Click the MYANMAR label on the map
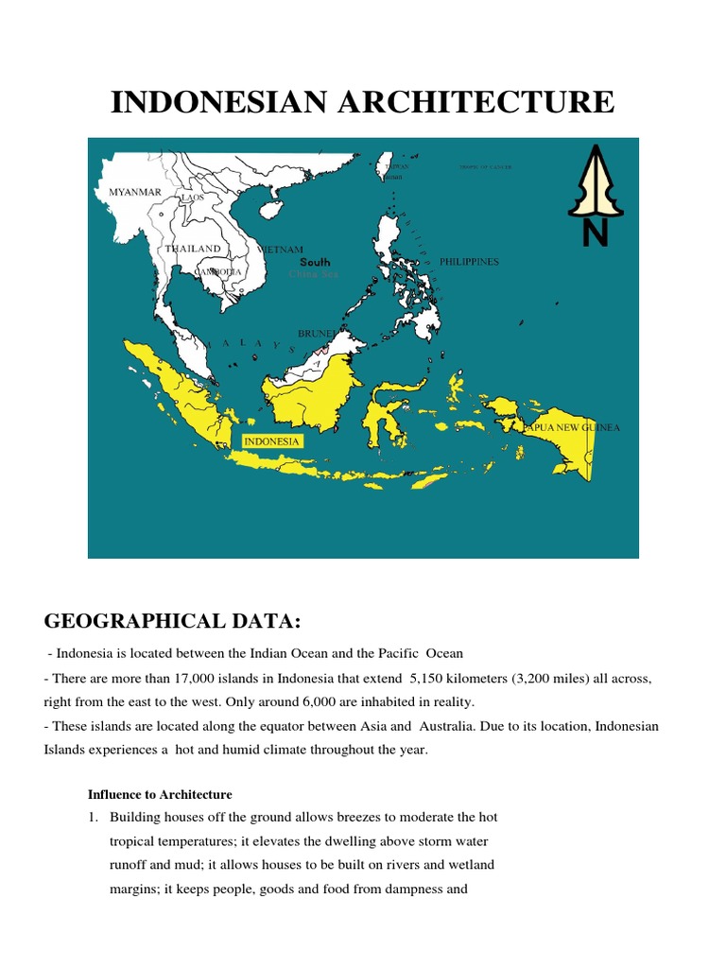pyautogui.click(x=135, y=193)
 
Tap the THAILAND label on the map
pyautogui.click(x=193, y=249)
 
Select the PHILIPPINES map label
pyautogui.click(x=469, y=262)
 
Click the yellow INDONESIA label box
pyautogui.click(x=272, y=441)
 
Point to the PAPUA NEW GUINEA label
pyautogui.click(x=573, y=428)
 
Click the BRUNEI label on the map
pyautogui.click(x=315, y=334)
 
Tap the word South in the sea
pyautogui.click(x=315, y=262)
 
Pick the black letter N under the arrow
pyautogui.click(x=595, y=233)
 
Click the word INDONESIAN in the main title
pyautogui.click(x=210, y=102)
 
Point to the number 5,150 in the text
pyautogui.click(x=433, y=679)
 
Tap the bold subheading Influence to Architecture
pyautogui.click(x=160, y=794)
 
